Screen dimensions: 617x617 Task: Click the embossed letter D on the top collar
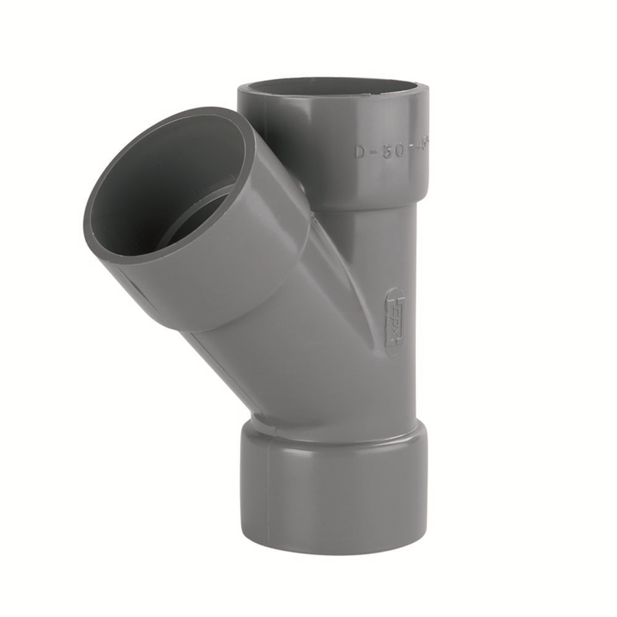coord(360,152)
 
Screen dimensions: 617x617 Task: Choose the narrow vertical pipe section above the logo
coord(384,247)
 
